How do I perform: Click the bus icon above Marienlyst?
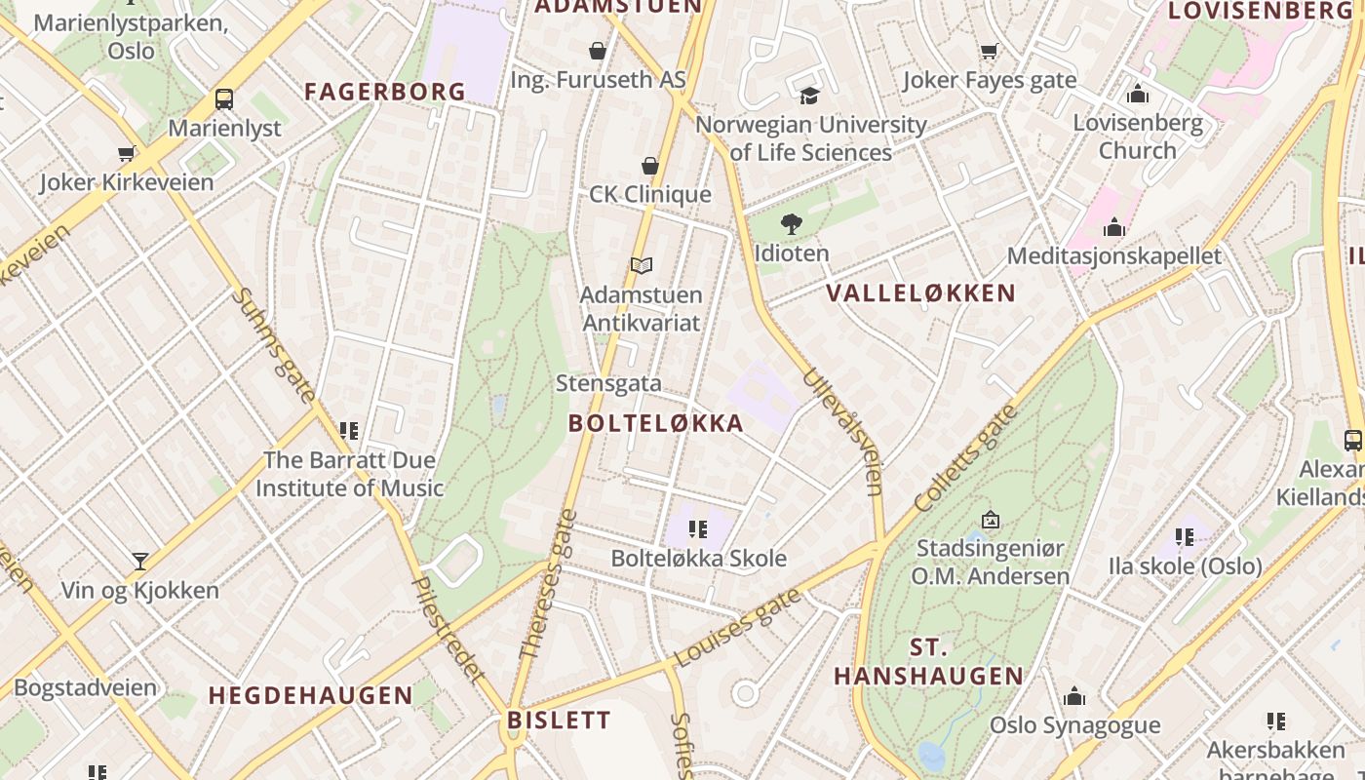coord(224,98)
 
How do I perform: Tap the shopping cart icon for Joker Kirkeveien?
coord(127,153)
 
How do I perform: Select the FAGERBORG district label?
coord(385,92)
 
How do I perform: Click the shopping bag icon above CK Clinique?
coord(650,166)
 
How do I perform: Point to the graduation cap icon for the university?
coord(810,96)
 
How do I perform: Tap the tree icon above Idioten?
coord(792,224)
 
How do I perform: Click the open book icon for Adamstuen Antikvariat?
coord(641,265)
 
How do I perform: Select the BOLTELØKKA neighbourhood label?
coord(656,423)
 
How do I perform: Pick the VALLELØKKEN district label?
coord(920,292)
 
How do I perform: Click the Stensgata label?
coord(608,383)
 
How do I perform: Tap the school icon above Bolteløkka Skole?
coord(697,529)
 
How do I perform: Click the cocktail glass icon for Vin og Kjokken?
coord(140,562)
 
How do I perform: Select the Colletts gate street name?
coord(966,458)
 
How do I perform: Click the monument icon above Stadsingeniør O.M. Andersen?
coord(991,520)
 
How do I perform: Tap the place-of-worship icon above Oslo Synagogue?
coord(1074,696)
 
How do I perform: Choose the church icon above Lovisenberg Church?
coord(1137,95)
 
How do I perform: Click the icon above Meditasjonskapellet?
coord(1114,228)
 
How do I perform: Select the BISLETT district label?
coord(559,721)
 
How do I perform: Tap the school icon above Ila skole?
coord(1185,537)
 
